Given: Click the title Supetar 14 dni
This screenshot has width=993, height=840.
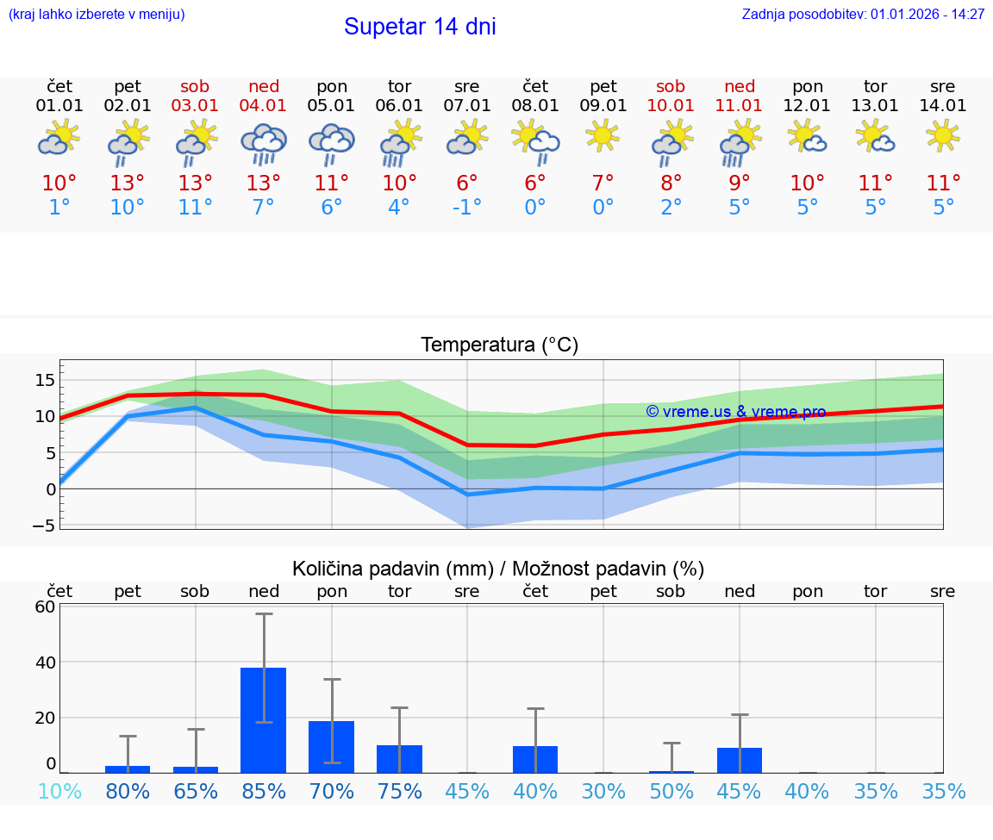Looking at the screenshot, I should click(420, 27).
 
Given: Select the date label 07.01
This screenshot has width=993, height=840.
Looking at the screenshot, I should click(467, 106).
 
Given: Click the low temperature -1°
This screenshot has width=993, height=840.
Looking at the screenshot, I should click(467, 208).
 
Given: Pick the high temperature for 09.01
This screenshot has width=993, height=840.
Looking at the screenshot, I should click(603, 183).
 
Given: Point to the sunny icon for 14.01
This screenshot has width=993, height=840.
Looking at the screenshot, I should click(943, 135).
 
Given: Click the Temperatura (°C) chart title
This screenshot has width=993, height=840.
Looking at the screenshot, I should click(499, 345).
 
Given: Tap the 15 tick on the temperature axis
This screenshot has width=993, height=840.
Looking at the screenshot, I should click(45, 380).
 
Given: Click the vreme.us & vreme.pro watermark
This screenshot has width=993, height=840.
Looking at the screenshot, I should click(736, 412).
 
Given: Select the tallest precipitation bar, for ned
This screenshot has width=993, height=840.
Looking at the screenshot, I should click(263, 719).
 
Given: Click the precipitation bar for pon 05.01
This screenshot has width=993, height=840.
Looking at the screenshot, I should click(332, 746).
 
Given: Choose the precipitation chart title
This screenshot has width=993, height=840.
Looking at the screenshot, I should click(498, 569).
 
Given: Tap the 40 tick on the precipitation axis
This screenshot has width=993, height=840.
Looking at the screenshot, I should click(45, 662).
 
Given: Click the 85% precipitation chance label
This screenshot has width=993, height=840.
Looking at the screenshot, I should click(264, 791).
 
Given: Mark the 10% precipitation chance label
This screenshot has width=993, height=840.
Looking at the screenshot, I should click(59, 791).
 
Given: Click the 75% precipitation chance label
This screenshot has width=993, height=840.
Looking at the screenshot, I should click(400, 791).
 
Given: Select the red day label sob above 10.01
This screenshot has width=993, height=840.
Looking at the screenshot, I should click(671, 86).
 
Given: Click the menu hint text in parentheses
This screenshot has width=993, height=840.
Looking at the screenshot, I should click(97, 15).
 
